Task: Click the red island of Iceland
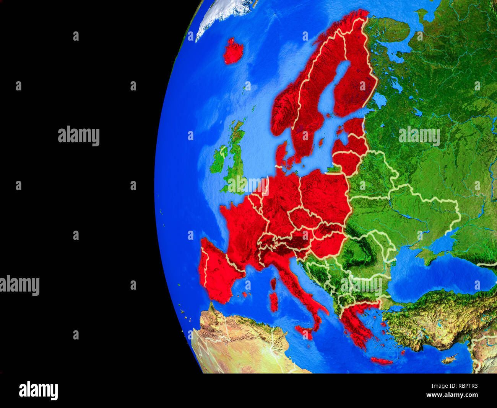coord(233,51)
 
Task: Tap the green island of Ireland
coord(219,161)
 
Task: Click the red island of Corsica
coord(273,283)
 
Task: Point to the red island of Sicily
coord(304,331)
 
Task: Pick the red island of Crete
coord(381,361)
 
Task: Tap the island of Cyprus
coord(449,359)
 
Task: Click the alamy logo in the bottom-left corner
coord(38,390)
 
